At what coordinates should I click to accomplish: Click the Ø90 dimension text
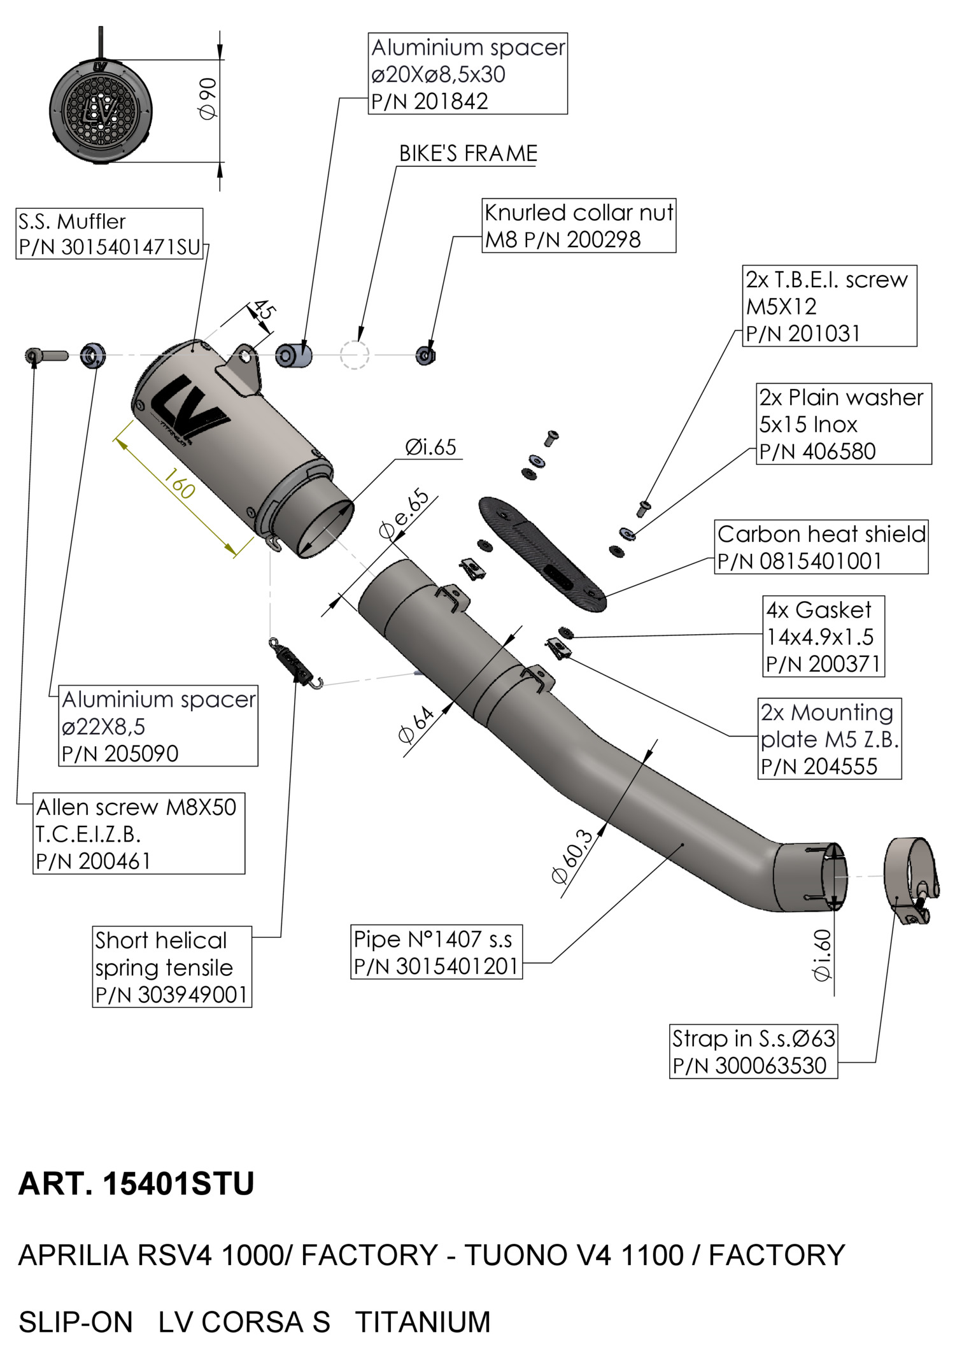coord(208,98)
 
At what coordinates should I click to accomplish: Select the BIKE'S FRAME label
coord(468,153)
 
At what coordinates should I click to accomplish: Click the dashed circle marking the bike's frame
coord(354,355)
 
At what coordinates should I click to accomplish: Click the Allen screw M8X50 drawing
coord(46,355)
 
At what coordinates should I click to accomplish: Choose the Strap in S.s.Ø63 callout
coord(754,1052)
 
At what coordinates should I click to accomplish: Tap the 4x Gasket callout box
coord(823,637)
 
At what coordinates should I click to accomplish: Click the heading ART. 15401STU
coord(136,1184)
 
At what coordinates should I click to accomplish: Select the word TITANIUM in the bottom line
coord(423,1322)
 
